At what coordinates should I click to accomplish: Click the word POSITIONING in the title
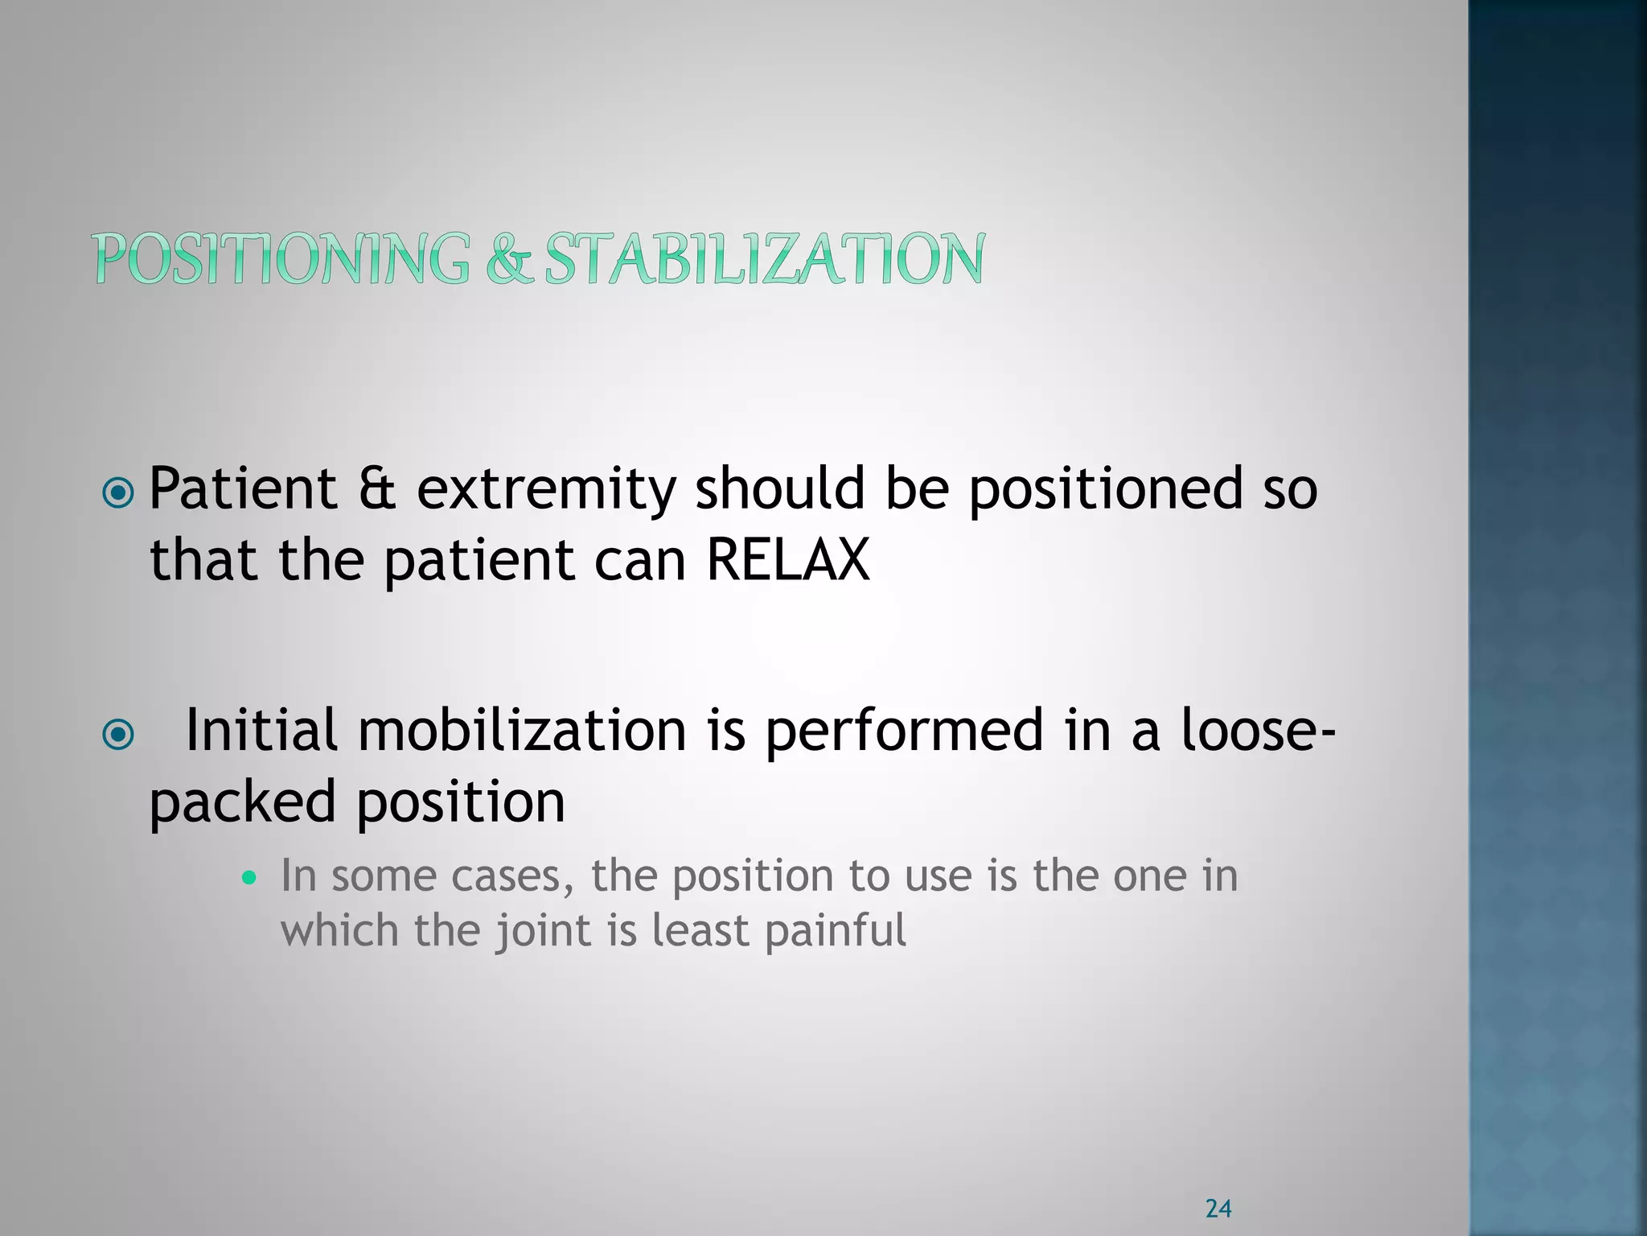pos(282,258)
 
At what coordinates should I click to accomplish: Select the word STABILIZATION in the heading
pos(764,258)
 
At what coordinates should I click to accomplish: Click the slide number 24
pos(1218,1208)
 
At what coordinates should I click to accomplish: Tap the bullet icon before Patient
pos(119,492)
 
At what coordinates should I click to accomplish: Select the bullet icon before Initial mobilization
pos(119,734)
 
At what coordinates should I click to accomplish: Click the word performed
pos(904,731)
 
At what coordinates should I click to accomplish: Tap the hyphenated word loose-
pos(1259,731)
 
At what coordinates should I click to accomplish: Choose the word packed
pos(242,803)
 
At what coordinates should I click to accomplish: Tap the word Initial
pos(261,731)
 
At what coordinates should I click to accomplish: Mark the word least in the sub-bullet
pos(700,931)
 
